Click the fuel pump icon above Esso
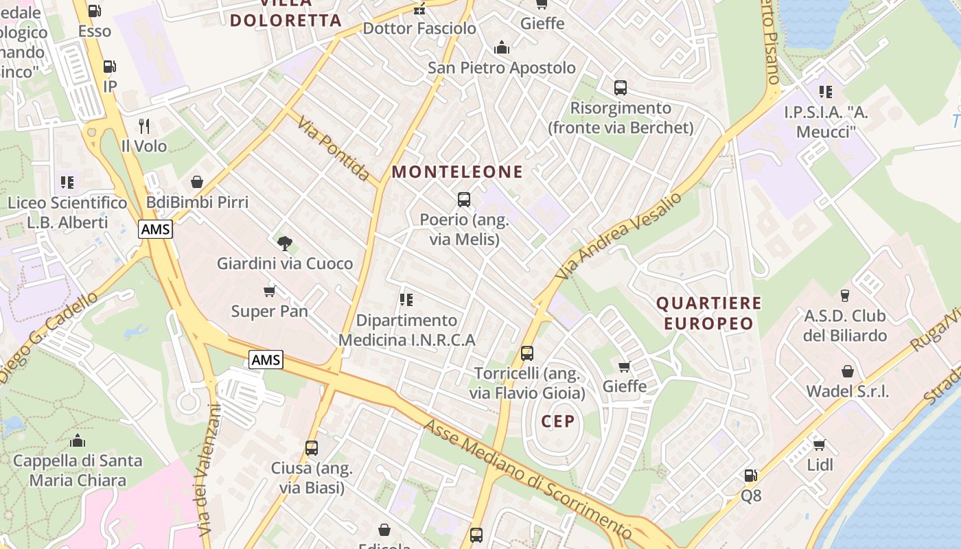(95, 10)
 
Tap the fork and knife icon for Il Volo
(144, 126)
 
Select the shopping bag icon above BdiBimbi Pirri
(197, 182)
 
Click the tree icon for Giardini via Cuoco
(285, 242)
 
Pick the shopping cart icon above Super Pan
(270, 291)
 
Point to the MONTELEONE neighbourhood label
(457, 172)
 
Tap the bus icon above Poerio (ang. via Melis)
(464, 200)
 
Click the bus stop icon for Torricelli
(527, 353)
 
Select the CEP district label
(557, 421)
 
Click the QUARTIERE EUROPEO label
(709, 313)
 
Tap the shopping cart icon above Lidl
(819, 444)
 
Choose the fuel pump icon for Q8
(751, 475)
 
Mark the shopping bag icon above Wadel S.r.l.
(848, 371)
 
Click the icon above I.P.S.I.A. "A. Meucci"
(826, 91)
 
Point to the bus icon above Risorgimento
(621, 88)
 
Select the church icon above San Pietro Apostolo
(502, 47)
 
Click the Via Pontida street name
(334, 148)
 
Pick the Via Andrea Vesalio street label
(619, 235)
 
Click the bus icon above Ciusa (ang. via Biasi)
(312, 448)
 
